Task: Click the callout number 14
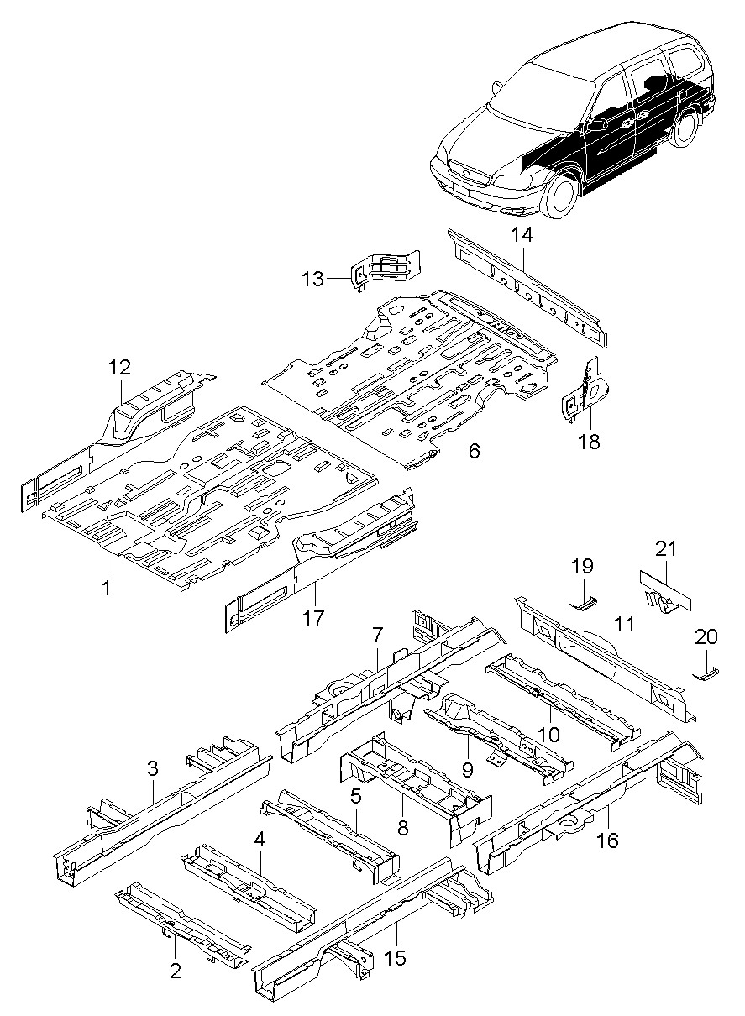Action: point(522,235)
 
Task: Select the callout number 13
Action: point(314,279)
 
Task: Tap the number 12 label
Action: point(119,367)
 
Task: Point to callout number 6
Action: point(475,451)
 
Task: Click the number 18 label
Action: point(590,441)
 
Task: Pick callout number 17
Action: point(313,617)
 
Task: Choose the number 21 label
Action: point(665,549)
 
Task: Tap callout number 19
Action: point(582,566)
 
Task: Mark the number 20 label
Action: point(706,636)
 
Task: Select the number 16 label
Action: point(608,841)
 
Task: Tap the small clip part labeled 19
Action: point(584,605)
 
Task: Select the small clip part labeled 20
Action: point(706,674)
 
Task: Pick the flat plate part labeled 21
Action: point(665,589)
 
